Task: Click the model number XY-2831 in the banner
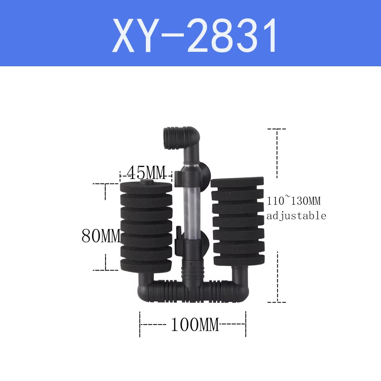(x=195, y=37)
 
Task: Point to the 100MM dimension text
(x=194, y=325)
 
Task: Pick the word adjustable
(x=296, y=216)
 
